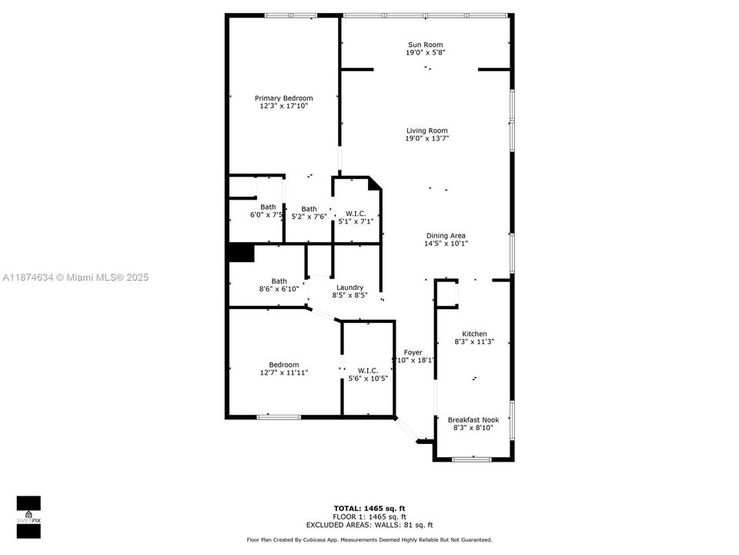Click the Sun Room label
[x=425, y=45]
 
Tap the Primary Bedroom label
[x=284, y=98]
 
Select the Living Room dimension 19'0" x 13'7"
[x=426, y=139]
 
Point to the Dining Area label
[x=446, y=236]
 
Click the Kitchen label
[x=474, y=334]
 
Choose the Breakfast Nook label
[x=473, y=419]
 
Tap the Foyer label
[x=413, y=352]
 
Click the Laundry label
[x=349, y=288]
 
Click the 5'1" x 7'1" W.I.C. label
[x=355, y=214]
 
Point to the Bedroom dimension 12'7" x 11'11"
[x=283, y=372]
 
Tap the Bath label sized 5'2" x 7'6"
[x=309, y=209]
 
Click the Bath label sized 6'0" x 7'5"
[x=268, y=207]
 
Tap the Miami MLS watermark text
[x=75, y=277]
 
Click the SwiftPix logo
[x=28, y=511]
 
